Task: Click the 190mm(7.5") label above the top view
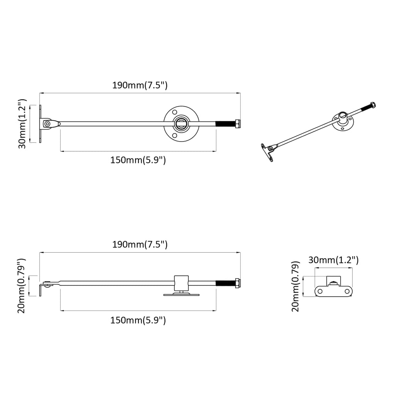tap(140, 85)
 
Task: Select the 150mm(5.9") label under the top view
tap(138, 160)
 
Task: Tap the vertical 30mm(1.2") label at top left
tap(22, 123)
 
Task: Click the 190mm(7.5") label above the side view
tap(140, 244)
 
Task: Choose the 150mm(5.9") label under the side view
tap(138, 320)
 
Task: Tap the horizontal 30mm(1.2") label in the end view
tap(333, 260)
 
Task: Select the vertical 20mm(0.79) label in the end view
tap(296, 286)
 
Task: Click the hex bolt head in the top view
tap(238, 123)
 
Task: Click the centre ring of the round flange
tap(181, 123)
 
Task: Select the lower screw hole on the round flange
tap(174, 135)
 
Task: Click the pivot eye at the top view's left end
tap(47, 124)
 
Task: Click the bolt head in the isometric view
tap(373, 105)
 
